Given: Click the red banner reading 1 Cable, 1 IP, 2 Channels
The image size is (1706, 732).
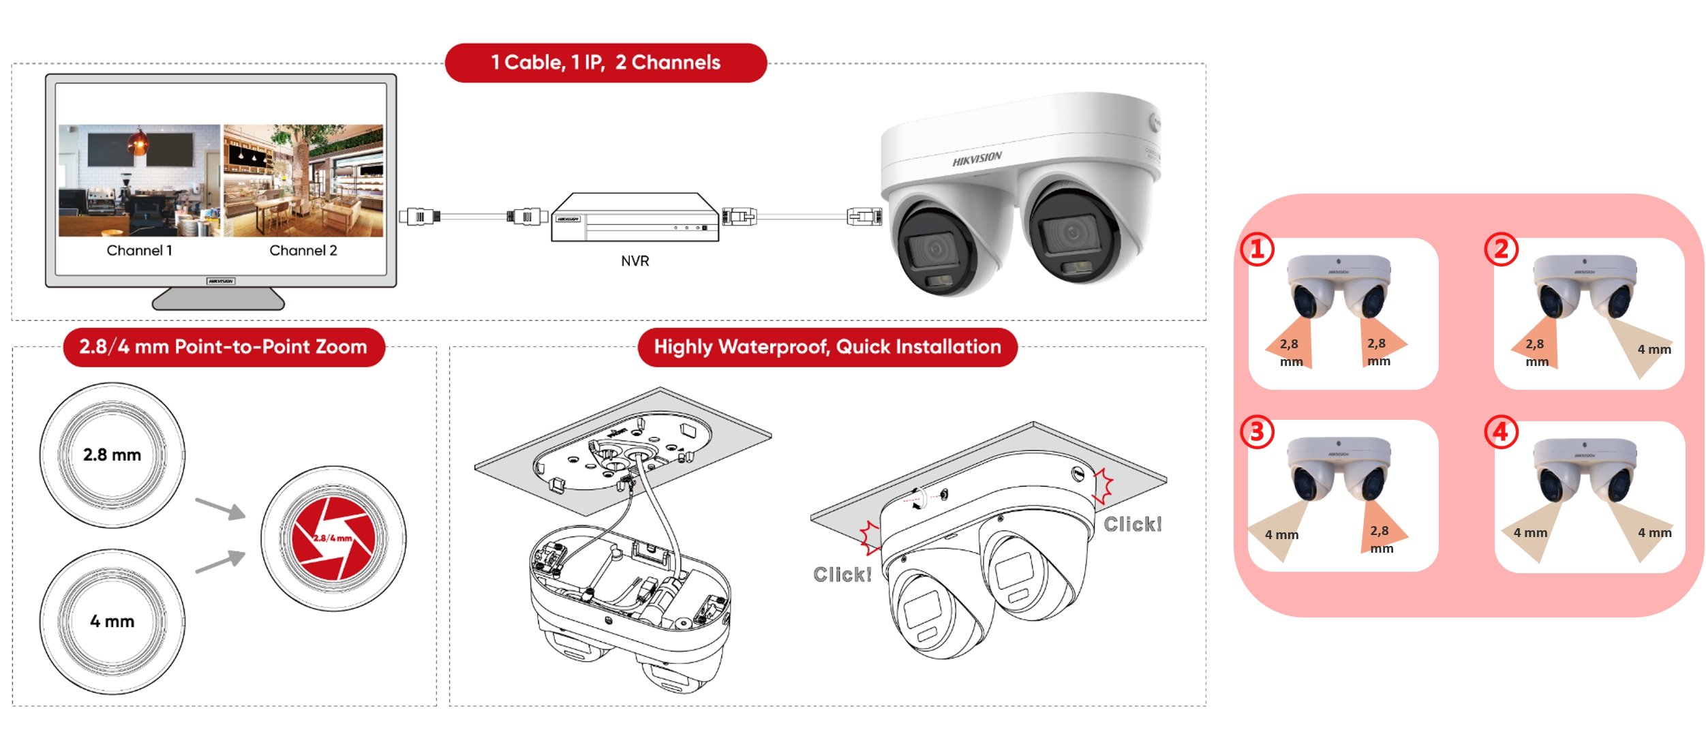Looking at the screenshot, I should pos(605,63).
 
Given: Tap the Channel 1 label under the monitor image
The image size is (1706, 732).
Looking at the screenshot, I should pos(139,251).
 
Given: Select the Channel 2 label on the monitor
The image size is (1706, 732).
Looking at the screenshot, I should pos(303,251).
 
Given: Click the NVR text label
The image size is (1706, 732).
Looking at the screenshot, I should pos(635,261).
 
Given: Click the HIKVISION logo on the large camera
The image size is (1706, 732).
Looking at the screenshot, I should pos(977,159).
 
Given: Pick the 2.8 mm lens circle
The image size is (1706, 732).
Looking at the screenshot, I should pos(112,455).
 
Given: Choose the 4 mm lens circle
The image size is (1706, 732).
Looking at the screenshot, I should pos(112,622).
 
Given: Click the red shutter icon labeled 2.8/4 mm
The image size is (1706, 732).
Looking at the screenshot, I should pos(333,538).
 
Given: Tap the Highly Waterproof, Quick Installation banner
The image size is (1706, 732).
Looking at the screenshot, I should pos(827,347).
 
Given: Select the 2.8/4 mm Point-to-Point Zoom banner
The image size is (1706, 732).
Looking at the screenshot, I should pos(224,347).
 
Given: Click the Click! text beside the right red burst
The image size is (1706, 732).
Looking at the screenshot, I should pos(1132,524).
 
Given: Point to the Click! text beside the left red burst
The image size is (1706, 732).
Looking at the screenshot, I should pos(842,575).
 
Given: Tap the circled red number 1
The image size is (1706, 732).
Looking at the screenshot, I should pos(1257,249).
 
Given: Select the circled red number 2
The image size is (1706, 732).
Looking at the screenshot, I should pos(1501,249).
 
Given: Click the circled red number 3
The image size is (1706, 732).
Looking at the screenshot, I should pos(1257,432).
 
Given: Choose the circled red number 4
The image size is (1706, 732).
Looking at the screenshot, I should pos(1501,432).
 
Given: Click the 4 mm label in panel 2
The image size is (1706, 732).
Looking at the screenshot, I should pos(1654,350).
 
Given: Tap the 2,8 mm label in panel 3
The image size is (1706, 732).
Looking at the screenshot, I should pos(1381,539).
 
